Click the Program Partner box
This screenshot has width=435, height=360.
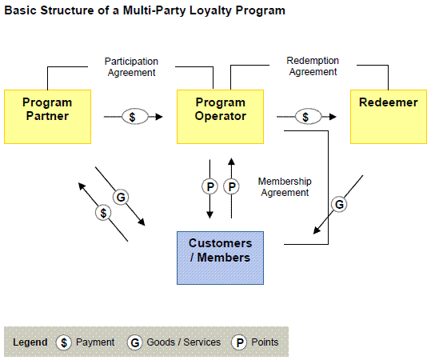(47, 117)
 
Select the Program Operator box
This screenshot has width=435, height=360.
(220, 117)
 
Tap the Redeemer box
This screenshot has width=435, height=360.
(389, 117)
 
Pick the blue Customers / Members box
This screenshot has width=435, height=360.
(220, 258)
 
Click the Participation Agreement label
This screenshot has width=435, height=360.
(131, 67)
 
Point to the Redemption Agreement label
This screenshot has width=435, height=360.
(313, 66)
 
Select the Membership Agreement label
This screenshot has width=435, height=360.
(285, 187)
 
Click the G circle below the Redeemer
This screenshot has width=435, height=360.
(339, 204)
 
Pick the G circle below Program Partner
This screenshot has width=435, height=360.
(121, 197)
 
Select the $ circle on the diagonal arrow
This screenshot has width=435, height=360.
(103, 213)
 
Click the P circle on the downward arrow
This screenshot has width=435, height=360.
(210, 186)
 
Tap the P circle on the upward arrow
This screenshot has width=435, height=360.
(231, 186)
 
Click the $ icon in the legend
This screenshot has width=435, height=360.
(64, 342)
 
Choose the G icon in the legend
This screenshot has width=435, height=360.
(135, 342)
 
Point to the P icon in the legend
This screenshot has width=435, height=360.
(239, 342)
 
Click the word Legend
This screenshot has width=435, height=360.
(30, 342)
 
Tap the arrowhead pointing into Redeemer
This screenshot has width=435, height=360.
(333, 117)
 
